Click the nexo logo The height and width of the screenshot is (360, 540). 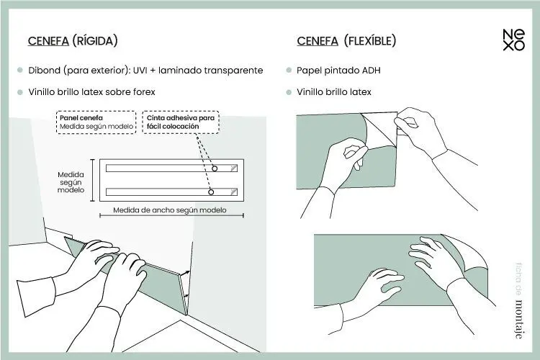click(x=513, y=40)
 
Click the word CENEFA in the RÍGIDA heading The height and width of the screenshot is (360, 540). click(x=48, y=41)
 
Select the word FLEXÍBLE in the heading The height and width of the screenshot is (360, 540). click(x=370, y=41)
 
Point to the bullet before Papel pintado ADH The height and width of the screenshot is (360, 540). click(x=289, y=71)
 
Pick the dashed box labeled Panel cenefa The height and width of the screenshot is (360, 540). click(x=96, y=122)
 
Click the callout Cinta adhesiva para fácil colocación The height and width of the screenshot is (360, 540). click(x=181, y=122)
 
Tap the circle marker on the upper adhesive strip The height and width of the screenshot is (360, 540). click(x=215, y=168)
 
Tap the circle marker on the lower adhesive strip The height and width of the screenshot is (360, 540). click(x=211, y=192)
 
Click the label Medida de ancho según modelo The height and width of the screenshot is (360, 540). click(x=170, y=210)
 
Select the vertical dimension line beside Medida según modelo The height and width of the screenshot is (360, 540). click(x=92, y=180)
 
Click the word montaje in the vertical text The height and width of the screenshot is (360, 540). click(x=518, y=319)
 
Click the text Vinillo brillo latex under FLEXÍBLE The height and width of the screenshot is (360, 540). click(x=334, y=92)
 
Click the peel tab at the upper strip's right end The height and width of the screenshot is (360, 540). click(x=234, y=168)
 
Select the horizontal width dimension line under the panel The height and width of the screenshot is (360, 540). click(x=171, y=216)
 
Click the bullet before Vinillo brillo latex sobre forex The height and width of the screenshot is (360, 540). click(x=20, y=92)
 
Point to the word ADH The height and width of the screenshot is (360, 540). click(x=372, y=71)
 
